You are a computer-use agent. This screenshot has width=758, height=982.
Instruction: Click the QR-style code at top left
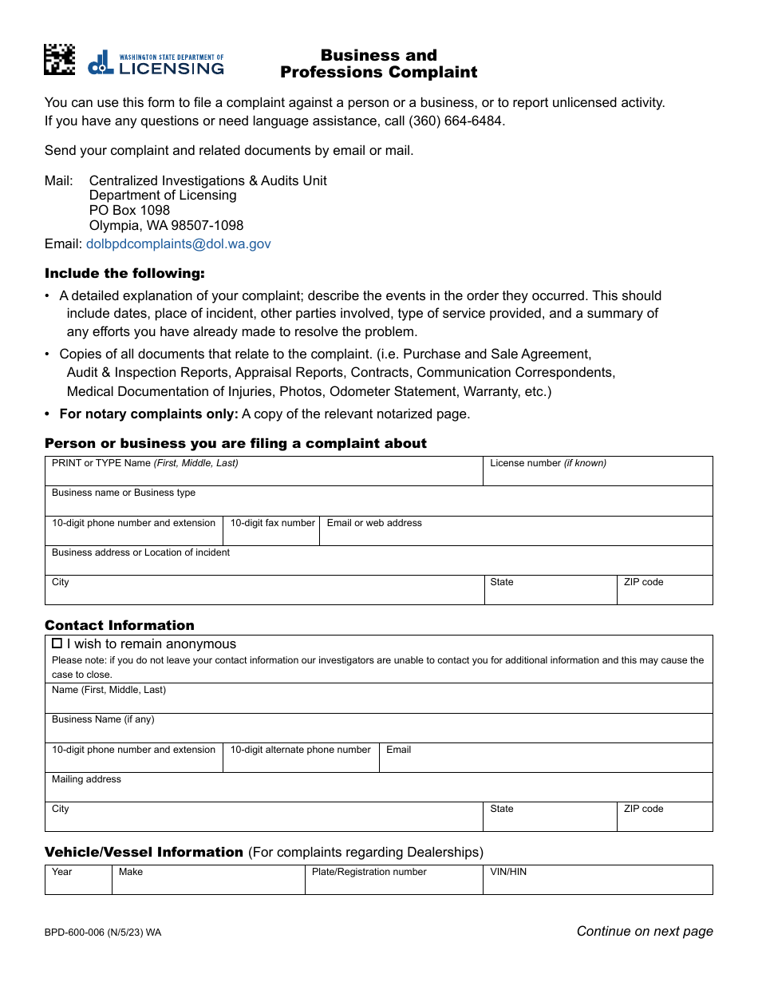59,60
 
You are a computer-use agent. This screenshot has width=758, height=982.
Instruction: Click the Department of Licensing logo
156,63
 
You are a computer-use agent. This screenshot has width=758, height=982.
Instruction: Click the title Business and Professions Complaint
378,64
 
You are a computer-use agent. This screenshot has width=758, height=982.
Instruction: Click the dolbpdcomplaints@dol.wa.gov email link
178,244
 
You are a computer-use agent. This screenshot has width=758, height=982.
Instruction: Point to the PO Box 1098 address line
129,210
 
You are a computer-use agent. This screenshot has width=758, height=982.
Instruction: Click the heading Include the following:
124,274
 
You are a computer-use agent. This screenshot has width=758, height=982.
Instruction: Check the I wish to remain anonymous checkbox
57,643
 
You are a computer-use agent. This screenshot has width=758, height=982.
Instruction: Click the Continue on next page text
644,931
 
